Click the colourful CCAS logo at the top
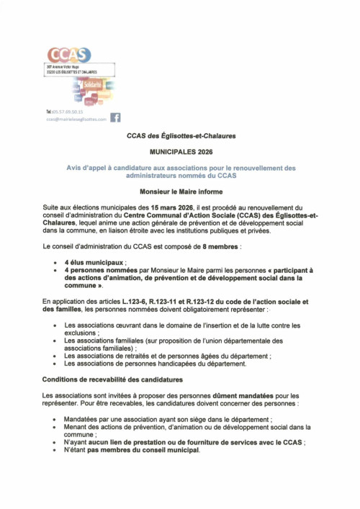point(68,54)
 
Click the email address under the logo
point(76,120)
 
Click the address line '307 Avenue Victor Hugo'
point(61,66)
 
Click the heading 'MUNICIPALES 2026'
point(181,153)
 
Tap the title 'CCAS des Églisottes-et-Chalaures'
point(181,135)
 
